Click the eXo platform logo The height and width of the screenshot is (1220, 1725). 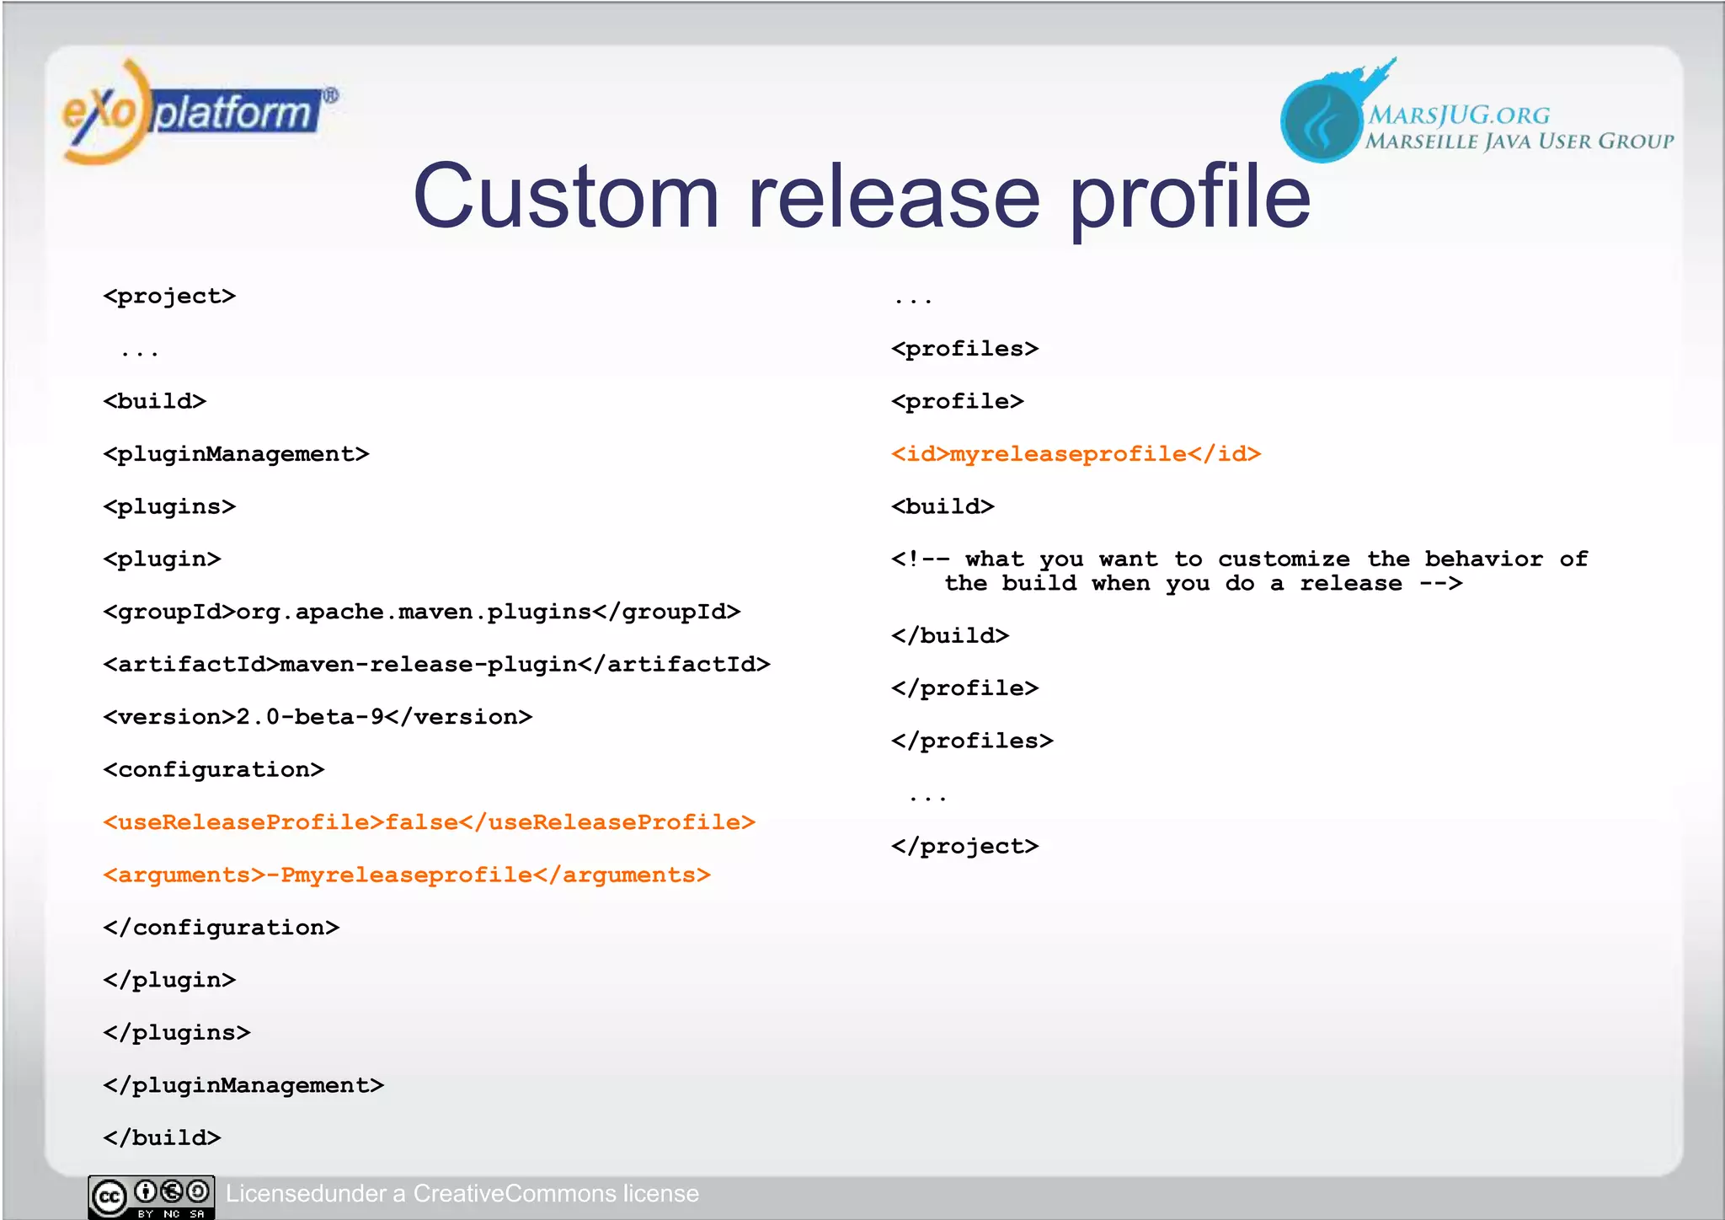[x=198, y=112]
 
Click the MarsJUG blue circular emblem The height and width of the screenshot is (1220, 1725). [x=1320, y=120]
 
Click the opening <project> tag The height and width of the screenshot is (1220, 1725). [x=169, y=297]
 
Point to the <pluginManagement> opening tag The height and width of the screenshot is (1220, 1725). [x=236, y=454]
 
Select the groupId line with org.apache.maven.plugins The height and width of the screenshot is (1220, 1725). [x=421, y=612]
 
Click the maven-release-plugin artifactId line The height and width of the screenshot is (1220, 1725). [x=436, y=665]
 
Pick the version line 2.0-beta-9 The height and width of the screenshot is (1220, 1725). [x=318, y=717]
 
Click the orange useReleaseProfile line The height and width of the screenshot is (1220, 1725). [x=429, y=822]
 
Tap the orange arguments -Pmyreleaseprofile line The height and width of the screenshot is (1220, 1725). [x=407, y=875]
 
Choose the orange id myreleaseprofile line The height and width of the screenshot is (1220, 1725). [x=1076, y=454]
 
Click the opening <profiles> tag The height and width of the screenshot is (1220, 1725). [x=964, y=349]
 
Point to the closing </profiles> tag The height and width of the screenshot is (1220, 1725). [x=972, y=741]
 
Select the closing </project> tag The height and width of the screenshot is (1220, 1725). [x=964, y=846]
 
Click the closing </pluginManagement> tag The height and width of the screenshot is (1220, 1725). [x=243, y=1085]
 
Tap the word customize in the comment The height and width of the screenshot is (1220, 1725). [x=1283, y=559]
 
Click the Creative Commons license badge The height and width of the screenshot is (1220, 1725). [x=152, y=1196]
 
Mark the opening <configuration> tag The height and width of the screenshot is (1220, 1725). [x=214, y=770]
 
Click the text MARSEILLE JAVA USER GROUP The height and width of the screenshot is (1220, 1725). [x=1519, y=142]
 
